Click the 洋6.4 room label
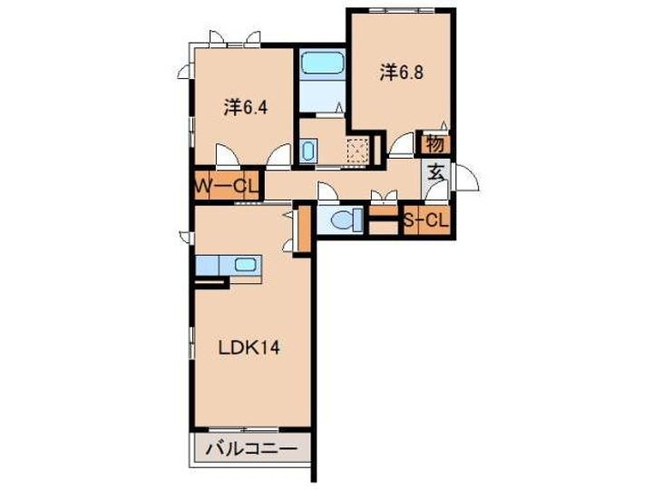[x=245, y=108]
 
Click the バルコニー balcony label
[x=250, y=447]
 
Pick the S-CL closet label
[x=426, y=219]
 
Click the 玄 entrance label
[x=435, y=171]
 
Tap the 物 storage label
[x=434, y=143]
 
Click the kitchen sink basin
[x=245, y=265]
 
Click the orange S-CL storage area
[x=426, y=219]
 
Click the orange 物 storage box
[x=434, y=143]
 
